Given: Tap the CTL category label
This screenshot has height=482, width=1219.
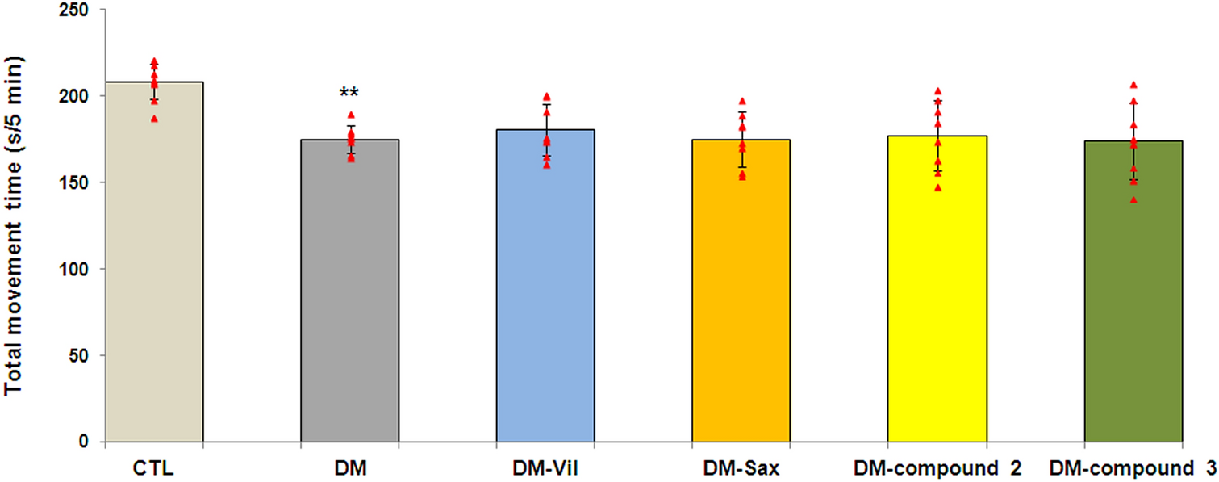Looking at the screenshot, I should [x=154, y=468].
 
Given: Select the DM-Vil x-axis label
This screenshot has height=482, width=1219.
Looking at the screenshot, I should [x=546, y=468].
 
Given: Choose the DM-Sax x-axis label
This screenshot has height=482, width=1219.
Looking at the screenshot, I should [x=741, y=468].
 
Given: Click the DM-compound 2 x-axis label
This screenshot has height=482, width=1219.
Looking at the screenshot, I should [x=937, y=468].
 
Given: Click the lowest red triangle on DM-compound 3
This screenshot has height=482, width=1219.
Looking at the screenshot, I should [x=1133, y=199].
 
